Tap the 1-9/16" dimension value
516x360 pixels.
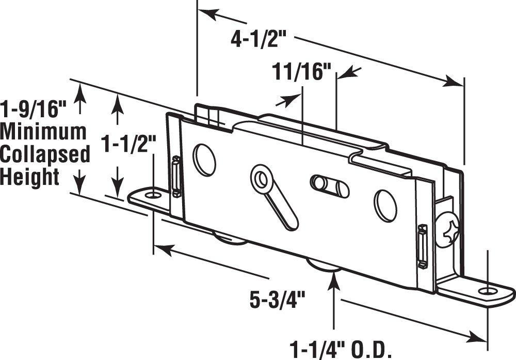(34, 109)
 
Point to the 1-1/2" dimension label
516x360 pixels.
(129, 143)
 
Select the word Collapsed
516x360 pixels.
(45, 154)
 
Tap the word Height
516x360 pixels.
(30, 177)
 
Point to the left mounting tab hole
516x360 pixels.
(151, 195)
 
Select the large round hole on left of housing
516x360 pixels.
(204, 160)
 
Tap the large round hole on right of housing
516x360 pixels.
(385, 206)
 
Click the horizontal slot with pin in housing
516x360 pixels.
(329, 186)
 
